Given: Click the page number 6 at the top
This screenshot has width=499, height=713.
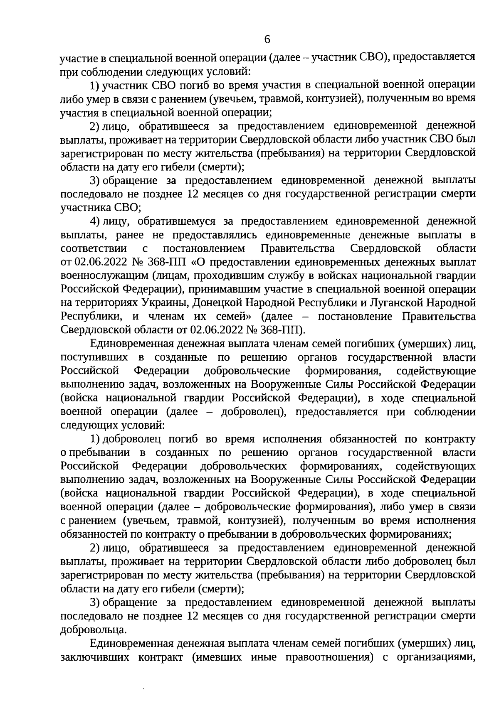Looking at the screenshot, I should click(267, 39).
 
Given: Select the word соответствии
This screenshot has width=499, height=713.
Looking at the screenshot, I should click(94, 249).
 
